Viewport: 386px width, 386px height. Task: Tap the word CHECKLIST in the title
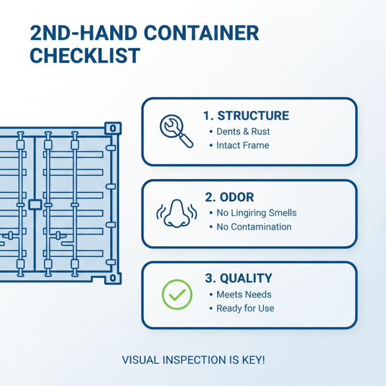coord(85,55)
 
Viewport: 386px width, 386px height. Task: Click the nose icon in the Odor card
coord(176,213)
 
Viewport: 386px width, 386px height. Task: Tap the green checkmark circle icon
coord(177,294)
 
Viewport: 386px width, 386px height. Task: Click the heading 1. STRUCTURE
coord(246,116)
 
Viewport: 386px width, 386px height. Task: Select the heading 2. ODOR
coord(229,197)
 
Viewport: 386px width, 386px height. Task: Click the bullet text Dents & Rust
coord(243,131)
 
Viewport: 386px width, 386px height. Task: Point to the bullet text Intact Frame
coord(243,145)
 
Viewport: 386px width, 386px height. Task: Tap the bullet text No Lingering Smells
coord(256,213)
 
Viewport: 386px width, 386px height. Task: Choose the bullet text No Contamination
coord(254,227)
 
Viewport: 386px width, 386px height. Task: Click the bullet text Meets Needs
coord(244,294)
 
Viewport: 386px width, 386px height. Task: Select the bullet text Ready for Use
coord(245,308)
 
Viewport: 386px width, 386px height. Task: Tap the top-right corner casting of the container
coord(113,128)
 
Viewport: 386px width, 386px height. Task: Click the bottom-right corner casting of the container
coord(113,278)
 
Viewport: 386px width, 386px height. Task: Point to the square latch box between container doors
coord(35,205)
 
